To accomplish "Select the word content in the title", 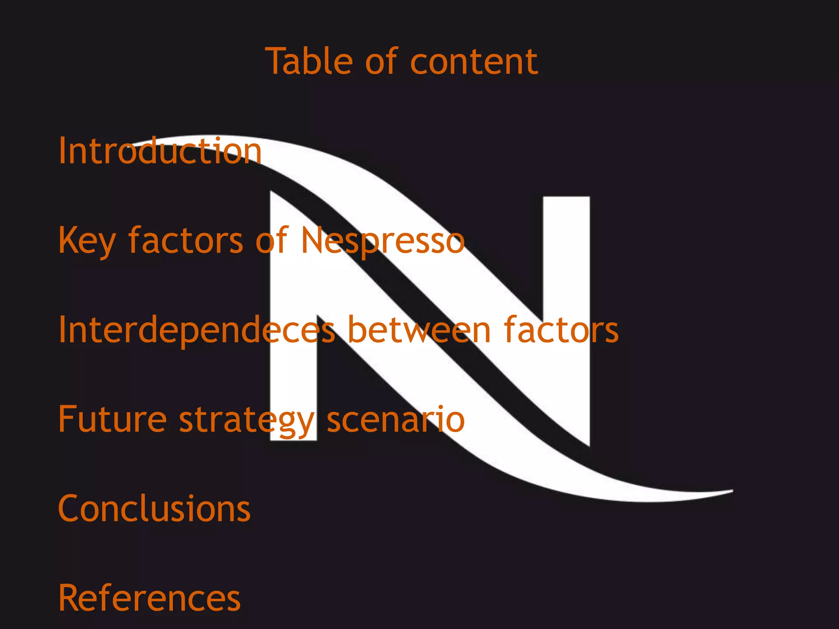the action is [x=474, y=62].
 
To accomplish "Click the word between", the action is [x=419, y=330].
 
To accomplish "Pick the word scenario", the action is [x=396, y=419].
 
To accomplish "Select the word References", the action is [x=150, y=597].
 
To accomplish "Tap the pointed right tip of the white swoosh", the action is [x=732, y=491].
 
